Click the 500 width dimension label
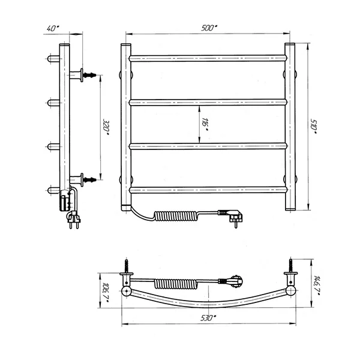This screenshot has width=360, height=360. (209, 28)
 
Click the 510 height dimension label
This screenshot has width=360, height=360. (314, 126)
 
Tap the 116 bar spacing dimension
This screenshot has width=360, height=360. (205, 124)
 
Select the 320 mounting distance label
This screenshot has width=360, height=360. (106, 128)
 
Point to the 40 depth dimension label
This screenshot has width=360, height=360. (53, 28)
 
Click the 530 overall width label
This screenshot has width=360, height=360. (208, 318)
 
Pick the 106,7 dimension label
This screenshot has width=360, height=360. (106, 292)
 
